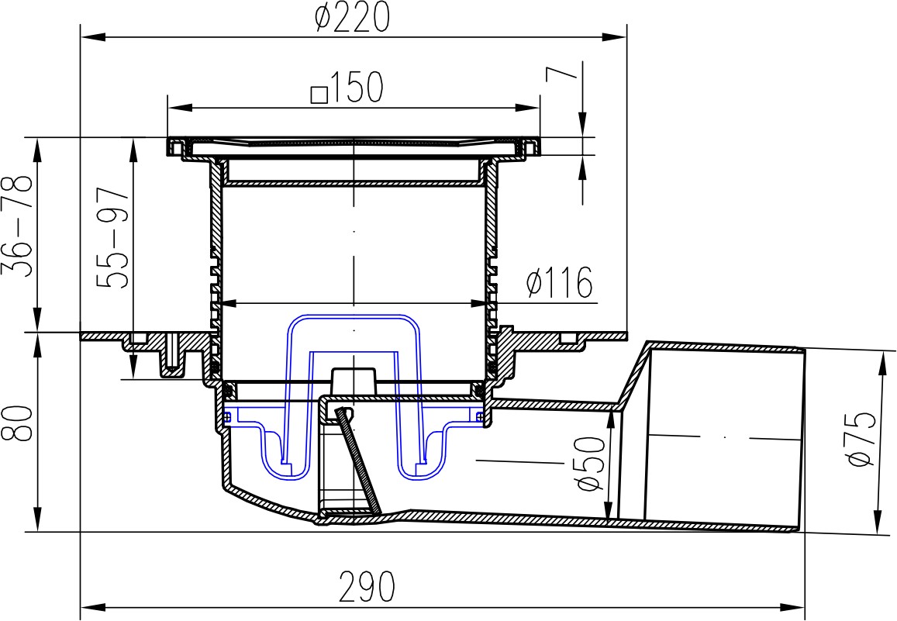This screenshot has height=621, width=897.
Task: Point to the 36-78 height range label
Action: (x=18, y=226)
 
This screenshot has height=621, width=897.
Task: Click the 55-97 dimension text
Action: (x=112, y=237)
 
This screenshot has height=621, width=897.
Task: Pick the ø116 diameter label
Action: (x=560, y=282)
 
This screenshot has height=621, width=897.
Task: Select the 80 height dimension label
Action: (x=17, y=423)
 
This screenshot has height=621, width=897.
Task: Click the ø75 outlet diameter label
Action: (x=861, y=439)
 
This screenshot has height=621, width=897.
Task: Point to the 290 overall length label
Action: (x=367, y=587)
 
